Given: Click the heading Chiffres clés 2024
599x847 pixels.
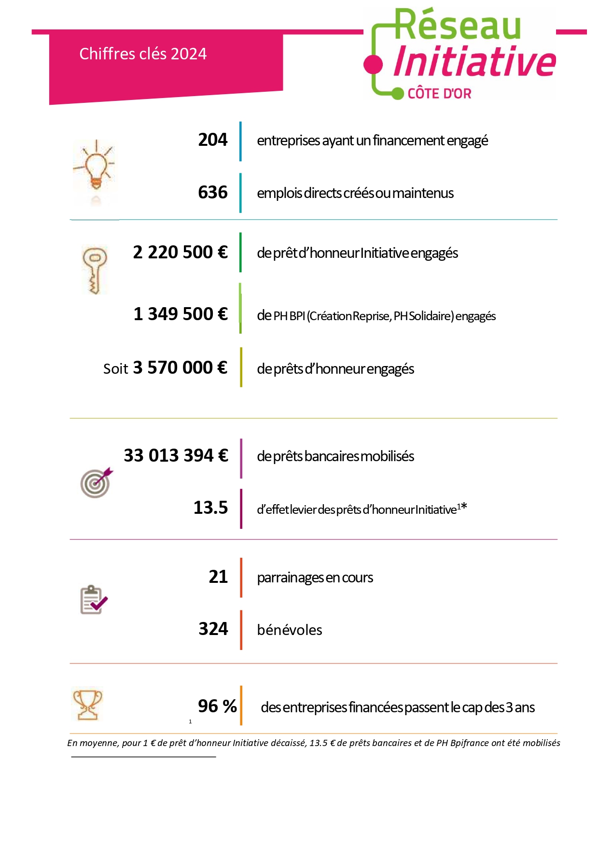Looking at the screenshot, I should coord(143,54).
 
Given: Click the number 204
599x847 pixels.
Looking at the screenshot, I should coord(212,140).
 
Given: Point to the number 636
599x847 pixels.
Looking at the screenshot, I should coord(212,193).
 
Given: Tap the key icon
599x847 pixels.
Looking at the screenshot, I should coord(95,269).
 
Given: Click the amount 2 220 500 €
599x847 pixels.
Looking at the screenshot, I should coord(180,253).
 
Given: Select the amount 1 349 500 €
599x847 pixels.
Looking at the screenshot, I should coord(180,314).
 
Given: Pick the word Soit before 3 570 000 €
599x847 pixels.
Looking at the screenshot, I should coord(115,369).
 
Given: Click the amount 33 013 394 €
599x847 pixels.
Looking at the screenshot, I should coord(176,456).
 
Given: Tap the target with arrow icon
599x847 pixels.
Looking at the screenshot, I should coord(97,482).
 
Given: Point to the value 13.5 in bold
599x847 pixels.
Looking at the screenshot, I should coord(210,508).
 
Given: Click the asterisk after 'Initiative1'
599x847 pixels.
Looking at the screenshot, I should coord(464,507).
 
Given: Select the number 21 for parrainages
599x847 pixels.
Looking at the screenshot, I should coord(218,577).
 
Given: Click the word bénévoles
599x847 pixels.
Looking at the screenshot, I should coord(290,630).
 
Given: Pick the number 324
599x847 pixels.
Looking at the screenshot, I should coord(213,629).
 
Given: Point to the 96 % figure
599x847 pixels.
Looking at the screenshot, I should coord(217,706).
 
